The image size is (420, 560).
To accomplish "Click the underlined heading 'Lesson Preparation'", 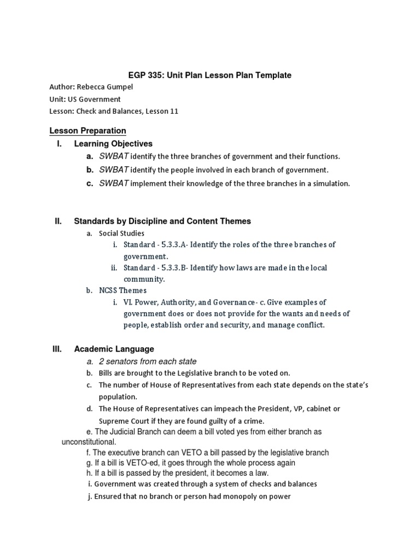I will (87, 131).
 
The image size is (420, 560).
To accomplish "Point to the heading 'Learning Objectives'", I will (113, 144).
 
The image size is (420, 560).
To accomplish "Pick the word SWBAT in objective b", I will (114, 170).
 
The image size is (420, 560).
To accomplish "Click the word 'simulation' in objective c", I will (330, 184).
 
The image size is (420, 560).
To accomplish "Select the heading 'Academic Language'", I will (114, 349).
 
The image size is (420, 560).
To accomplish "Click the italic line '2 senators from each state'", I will (147, 361).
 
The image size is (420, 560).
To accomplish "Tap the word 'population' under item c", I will (117, 397).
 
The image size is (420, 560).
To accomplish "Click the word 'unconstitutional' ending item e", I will (88, 441).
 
